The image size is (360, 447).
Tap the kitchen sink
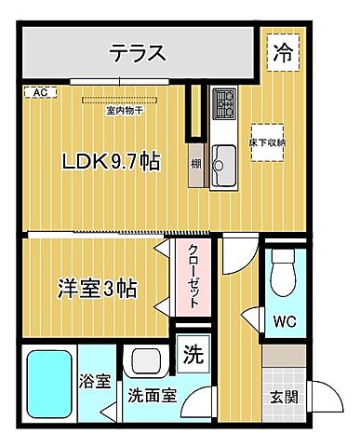(224, 164)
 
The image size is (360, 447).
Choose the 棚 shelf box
(197, 164)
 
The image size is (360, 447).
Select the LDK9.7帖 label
(111, 161)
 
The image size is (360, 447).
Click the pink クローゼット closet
(187, 278)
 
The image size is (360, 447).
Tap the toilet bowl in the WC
(281, 275)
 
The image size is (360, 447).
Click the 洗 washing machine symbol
(192, 354)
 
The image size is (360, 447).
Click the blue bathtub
(47, 382)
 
